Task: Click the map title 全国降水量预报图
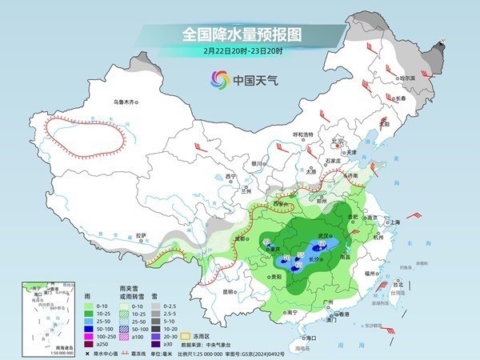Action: [239, 34]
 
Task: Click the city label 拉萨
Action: [142, 235]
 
